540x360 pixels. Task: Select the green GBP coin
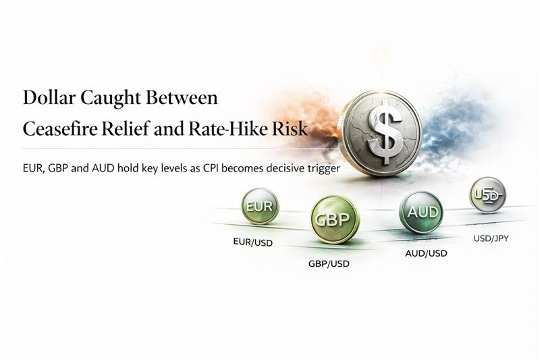point(335,220)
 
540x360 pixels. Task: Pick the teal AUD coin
point(422,212)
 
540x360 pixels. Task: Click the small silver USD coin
point(487,195)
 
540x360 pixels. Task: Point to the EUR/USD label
point(253,242)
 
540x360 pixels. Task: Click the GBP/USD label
point(329,263)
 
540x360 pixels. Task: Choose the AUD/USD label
point(426,253)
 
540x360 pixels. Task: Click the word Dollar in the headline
point(49,98)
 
